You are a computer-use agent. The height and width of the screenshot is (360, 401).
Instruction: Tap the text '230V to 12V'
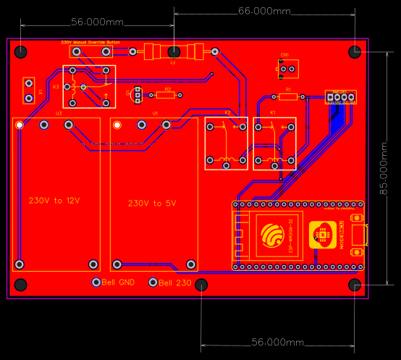click(x=54, y=200)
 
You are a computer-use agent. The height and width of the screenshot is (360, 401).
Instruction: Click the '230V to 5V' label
click(x=152, y=204)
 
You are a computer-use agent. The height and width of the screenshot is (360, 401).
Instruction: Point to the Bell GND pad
click(x=96, y=282)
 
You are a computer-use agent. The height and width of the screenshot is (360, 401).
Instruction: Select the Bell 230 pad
click(x=153, y=282)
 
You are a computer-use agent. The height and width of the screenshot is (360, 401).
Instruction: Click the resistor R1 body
click(x=287, y=96)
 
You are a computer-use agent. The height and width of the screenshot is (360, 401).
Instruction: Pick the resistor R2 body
click(x=167, y=94)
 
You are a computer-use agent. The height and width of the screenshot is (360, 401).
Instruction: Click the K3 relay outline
click(x=88, y=87)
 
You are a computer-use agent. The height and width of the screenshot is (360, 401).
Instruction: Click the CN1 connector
click(x=287, y=69)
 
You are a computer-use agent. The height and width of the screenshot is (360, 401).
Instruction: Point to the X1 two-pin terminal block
click(x=29, y=91)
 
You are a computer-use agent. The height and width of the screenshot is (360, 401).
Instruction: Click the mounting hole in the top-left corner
click(x=22, y=52)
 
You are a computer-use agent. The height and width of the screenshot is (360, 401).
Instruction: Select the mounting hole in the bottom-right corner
click(x=355, y=284)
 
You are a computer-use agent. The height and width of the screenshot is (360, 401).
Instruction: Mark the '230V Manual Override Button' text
click(x=90, y=43)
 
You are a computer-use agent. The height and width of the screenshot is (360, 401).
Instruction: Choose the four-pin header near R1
click(x=340, y=98)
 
